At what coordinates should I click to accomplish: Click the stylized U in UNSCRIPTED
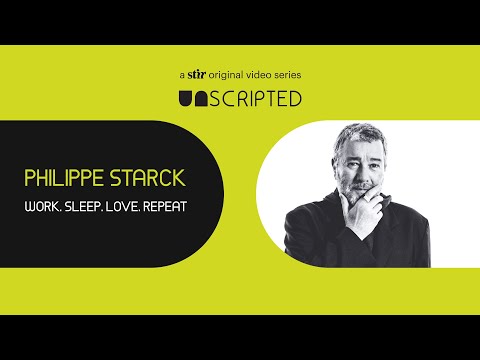pyautogui.click(x=186, y=98)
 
